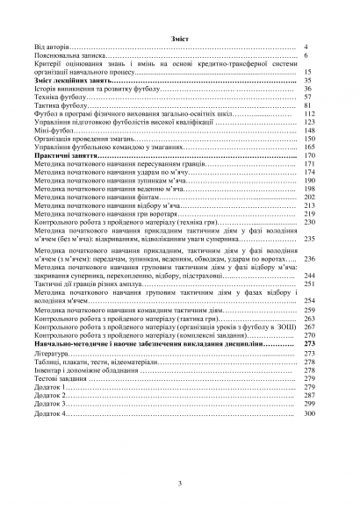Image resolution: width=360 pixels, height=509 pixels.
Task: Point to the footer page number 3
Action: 179,483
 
